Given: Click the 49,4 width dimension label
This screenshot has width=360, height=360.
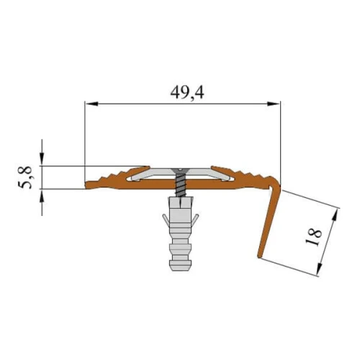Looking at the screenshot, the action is click(x=187, y=93).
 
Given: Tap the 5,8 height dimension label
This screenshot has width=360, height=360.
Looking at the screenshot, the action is click(x=25, y=177).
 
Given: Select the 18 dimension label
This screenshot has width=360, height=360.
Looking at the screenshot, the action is click(x=314, y=237).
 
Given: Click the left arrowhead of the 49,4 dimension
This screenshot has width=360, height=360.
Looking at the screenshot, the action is click(x=92, y=104).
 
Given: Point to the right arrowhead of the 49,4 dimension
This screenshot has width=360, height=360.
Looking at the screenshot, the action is click(x=274, y=104).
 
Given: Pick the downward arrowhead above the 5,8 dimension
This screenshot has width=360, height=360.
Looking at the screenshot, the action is click(x=42, y=159).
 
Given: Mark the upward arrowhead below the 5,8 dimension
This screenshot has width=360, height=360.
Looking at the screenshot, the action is click(x=42, y=196).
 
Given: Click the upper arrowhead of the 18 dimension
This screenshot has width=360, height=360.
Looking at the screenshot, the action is click(x=336, y=215).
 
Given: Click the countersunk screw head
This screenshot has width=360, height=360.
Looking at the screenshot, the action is click(x=180, y=171).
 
